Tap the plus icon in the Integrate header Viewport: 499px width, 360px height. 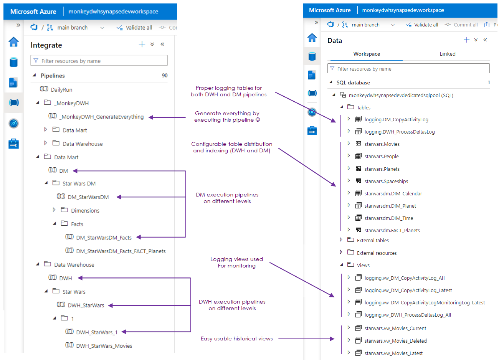click(142, 44)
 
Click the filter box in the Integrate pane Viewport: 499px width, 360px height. click(99, 61)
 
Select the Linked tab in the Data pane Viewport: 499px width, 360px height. click(447, 54)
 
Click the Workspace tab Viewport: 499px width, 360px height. click(367, 54)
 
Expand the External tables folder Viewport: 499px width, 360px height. click(341, 240)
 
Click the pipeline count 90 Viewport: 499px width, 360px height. click(165, 76)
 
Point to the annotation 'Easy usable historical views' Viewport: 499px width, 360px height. click(236, 339)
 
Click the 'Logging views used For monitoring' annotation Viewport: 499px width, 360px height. click(236, 263)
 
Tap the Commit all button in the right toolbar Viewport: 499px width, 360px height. click(461, 25)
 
